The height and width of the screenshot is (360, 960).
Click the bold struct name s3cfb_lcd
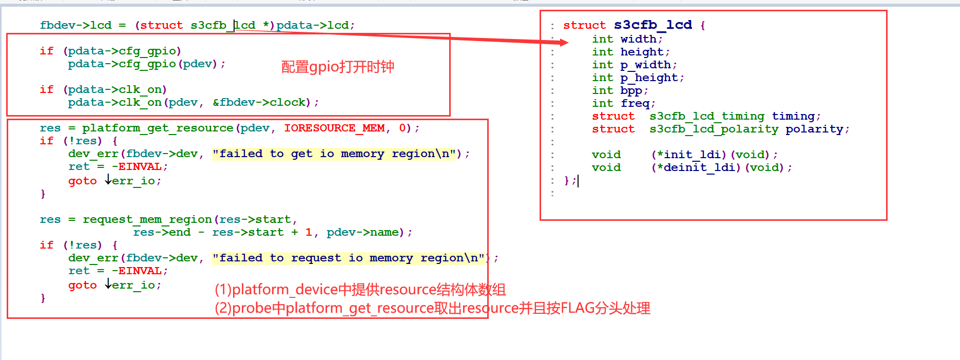click(x=652, y=25)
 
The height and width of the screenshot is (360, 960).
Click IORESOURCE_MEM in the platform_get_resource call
click(x=334, y=128)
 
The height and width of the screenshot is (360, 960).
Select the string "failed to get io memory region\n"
click(x=334, y=154)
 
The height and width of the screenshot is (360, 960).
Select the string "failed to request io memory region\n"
click(x=349, y=258)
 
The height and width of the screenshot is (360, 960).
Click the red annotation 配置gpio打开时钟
click(x=337, y=67)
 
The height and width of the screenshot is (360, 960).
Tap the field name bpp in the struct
click(x=631, y=90)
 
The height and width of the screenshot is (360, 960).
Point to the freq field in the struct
click(x=635, y=103)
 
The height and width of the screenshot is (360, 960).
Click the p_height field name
click(x=649, y=78)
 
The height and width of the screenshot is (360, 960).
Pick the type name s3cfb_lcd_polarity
click(x=714, y=129)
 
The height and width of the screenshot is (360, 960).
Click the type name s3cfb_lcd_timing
click(x=706, y=116)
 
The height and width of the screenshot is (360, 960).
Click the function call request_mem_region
click(x=147, y=219)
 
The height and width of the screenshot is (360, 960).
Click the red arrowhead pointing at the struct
click(x=563, y=42)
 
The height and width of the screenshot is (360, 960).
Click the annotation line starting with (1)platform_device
click(x=360, y=290)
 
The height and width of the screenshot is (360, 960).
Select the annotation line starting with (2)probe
click(x=432, y=308)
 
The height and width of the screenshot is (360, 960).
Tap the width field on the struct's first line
click(x=638, y=39)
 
